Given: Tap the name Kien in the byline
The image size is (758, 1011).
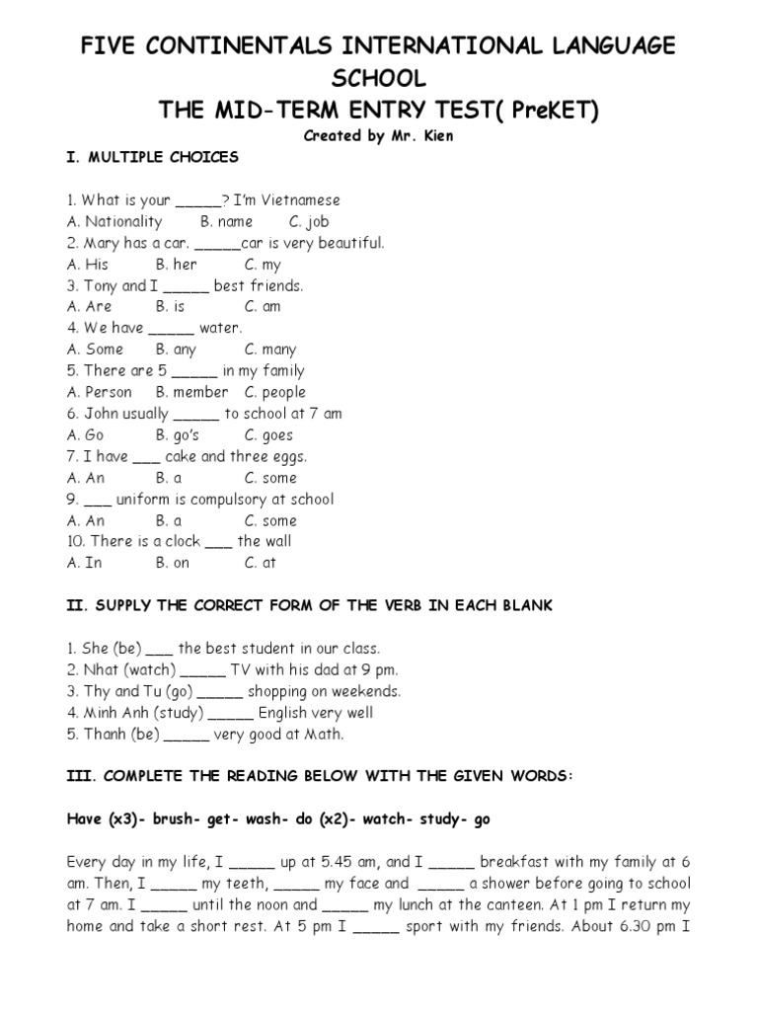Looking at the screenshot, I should (x=436, y=136).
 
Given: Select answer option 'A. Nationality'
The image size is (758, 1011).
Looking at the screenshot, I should (x=114, y=221).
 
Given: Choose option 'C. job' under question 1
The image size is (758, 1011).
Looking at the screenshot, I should (x=309, y=221).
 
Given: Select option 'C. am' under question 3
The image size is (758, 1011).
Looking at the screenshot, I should (x=263, y=307).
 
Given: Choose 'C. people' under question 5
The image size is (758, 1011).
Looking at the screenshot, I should (x=275, y=392).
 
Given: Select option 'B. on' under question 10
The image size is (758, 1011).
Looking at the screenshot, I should (x=173, y=563).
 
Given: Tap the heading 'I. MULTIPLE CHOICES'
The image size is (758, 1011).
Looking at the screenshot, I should (x=152, y=157).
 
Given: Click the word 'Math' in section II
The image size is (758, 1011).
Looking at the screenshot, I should (x=324, y=735).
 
